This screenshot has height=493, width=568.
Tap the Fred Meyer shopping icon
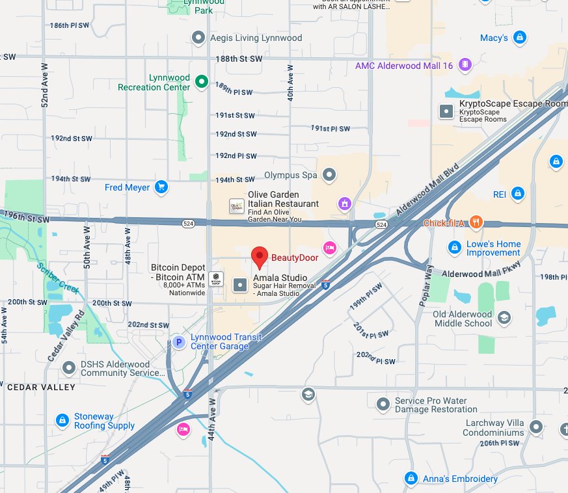[161, 188]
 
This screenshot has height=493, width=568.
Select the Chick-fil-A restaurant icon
[476, 223]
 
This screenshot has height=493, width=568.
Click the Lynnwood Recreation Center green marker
[202, 81]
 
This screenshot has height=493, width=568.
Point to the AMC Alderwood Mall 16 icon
[465, 64]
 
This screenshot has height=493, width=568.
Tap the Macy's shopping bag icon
[519, 38]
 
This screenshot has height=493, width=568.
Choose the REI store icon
[518, 193]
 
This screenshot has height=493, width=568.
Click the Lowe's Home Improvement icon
[455, 248]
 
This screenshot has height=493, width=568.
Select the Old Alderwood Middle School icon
[503, 317]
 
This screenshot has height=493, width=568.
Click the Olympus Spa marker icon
[330, 174]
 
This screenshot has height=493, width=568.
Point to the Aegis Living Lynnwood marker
[199, 38]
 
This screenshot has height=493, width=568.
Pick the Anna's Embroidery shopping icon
[411, 479]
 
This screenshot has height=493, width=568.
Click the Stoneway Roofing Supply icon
[62, 421]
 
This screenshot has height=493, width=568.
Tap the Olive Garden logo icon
[237, 207]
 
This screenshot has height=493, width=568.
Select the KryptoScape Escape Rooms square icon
[446, 111]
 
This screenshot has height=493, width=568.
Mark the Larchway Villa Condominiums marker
[535, 427]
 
